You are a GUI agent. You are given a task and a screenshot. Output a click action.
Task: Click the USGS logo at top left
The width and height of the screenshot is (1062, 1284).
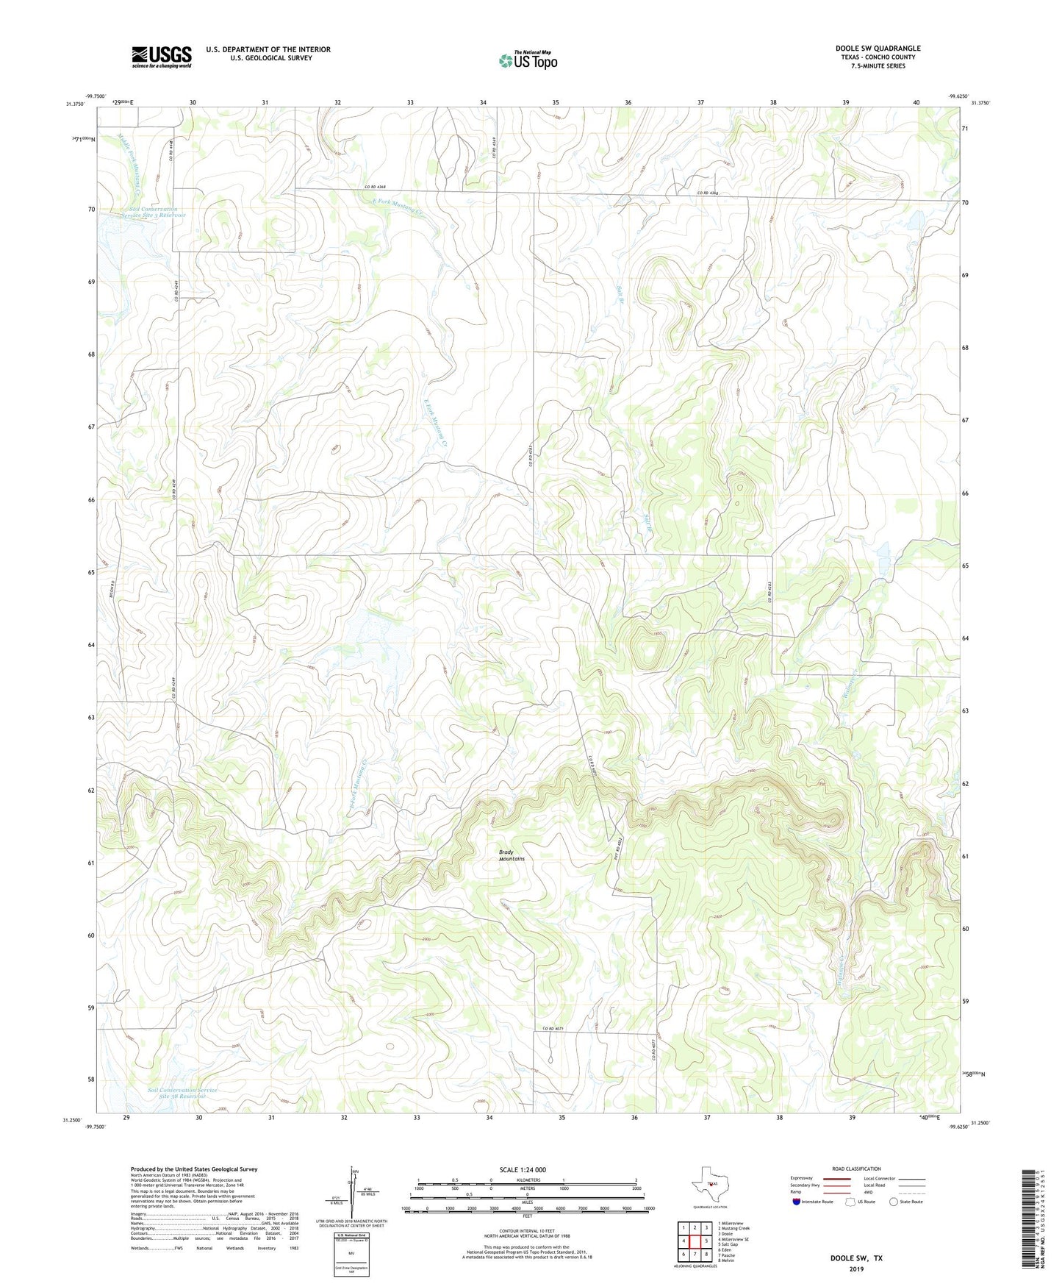pyautogui.click(x=162, y=57)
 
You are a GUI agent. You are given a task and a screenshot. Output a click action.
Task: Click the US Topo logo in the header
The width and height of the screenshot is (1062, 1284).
pyautogui.click(x=528, y=60)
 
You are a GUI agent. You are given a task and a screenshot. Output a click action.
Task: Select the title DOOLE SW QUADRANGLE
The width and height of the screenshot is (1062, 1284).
pyautogui.click(x=878, y=49)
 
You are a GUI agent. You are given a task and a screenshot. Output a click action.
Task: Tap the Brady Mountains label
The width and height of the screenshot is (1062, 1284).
pyautogui.click(x=512, y=855)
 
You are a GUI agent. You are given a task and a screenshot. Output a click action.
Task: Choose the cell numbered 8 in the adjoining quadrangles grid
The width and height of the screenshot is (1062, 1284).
pyautogui.click(x=706, y=1254)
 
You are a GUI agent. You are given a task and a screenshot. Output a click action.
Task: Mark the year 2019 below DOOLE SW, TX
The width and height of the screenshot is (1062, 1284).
pyautogui.click(x=856, y=1269)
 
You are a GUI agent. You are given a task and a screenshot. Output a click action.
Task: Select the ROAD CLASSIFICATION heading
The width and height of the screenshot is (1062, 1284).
pyautogui.click(x=856, y=1169)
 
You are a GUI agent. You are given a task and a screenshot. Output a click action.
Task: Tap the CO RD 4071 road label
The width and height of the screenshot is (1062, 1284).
pyautogui.click(x=556, y=1028)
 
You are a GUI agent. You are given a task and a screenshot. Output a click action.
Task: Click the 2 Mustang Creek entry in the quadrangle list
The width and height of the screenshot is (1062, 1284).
pyautogui.click(x=733, y=1228)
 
